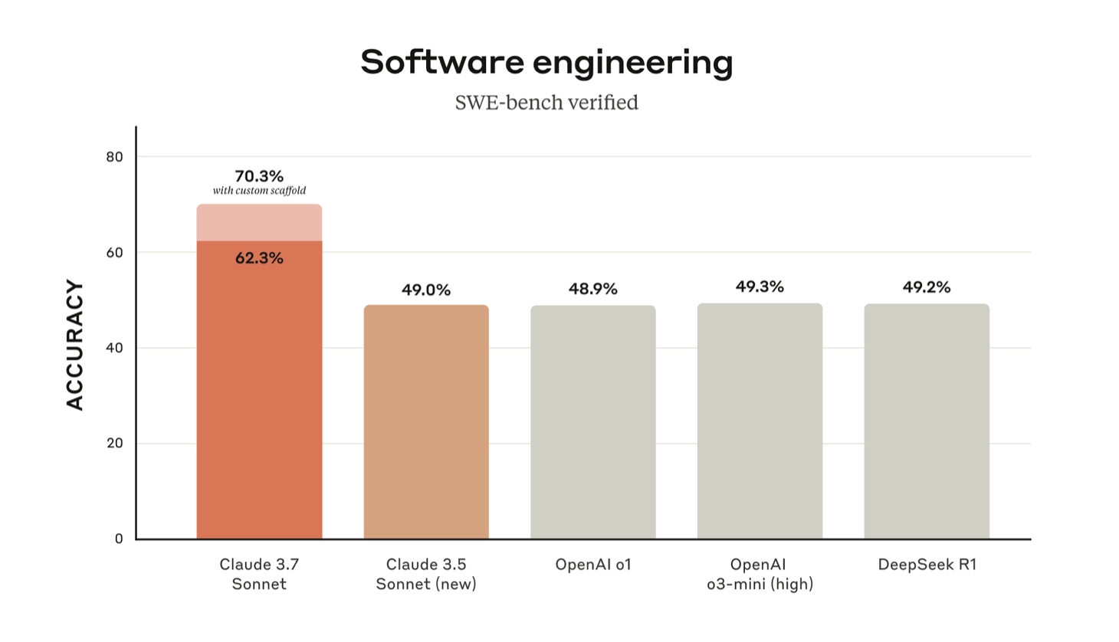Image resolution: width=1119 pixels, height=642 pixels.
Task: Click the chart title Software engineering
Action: coord(546,62)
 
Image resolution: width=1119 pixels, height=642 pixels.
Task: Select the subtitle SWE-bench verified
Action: coord(546,103)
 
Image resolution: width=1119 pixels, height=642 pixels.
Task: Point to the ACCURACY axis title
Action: coord(74,345)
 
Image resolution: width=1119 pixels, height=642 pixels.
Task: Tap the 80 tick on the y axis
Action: coord(114,157)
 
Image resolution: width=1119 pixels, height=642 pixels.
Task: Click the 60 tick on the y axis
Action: coord(114,253)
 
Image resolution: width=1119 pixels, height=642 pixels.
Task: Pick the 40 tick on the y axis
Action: coord(114,348)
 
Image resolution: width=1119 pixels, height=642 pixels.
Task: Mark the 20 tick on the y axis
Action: coord(114,444)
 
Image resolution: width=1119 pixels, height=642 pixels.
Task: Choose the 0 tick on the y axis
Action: coord(119,539)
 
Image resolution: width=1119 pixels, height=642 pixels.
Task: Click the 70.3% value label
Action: coord(259,176)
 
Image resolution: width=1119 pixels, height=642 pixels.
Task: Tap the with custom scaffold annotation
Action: coord(259,191)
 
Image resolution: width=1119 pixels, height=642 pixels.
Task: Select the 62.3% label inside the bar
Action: coord(259,258)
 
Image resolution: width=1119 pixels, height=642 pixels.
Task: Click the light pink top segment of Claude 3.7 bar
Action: coord(259,223)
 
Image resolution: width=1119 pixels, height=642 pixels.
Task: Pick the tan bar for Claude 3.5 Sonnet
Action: coord(426,421)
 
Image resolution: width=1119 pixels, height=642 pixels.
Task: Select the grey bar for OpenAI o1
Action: coord(593,421)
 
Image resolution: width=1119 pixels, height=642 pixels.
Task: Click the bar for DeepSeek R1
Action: coord(927,421)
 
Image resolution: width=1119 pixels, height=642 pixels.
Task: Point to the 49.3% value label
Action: coord(760,287)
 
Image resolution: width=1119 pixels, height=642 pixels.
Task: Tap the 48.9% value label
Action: coord(593,289)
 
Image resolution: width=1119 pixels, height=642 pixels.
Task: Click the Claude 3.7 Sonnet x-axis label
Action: coord(259,574)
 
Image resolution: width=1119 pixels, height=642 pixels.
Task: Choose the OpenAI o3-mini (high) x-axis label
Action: coord(760,574)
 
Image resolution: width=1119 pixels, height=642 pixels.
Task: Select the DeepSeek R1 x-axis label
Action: coord(927,565)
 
